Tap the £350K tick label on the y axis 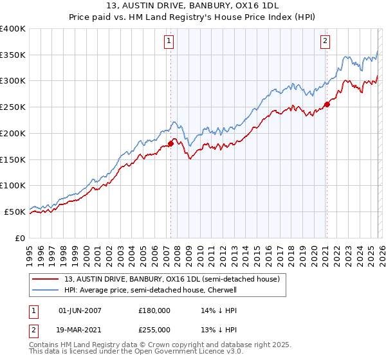pos(13,55)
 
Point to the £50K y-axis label pos(15,212)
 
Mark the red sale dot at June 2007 pos(170,143)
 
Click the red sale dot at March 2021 pos(327,104)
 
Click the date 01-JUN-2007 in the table pos(80,310)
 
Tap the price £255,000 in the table pos(154,330)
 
